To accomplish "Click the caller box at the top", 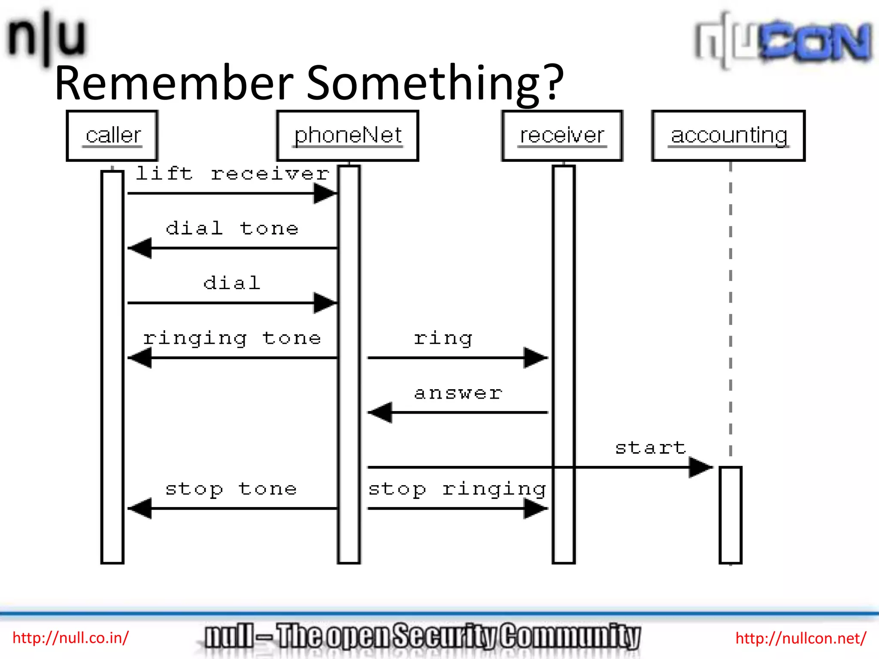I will pyautogui.click(x=112, y=136).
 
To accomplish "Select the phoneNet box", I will pyautogui.click(x=348, y=136).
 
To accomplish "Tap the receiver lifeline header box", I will pyautogui.click(x=562, y=136).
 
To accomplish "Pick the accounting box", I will pyautogui.click(x=728, y=136).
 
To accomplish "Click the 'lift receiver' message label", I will pyautogui.click(x=233, y=174).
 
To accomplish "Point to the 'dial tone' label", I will pyautogui.click(x=232, y=228).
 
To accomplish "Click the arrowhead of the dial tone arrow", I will pyautogui.click(x=141, y=248).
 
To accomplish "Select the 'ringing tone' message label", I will pyautogui.click(x=232, y=339).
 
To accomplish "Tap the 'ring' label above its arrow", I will pyautogui.click(x=443, y=339).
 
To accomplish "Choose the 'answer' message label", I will pyautogui.click(x=458, y=393).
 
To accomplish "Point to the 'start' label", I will pyautogui.click(x=651, y=448).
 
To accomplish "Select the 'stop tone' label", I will pyautogui.click(x=231, y=489).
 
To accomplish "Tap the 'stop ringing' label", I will pyautogui.click(x=457, y=489).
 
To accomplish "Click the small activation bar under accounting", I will pyautogui.click(x=730, y=515).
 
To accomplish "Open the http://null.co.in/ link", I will pyautogui.click(x=70, y=638).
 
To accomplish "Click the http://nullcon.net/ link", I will pyautogui.click(x=801, y=638).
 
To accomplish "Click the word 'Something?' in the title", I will pyautogui.click(x=435, y=83).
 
